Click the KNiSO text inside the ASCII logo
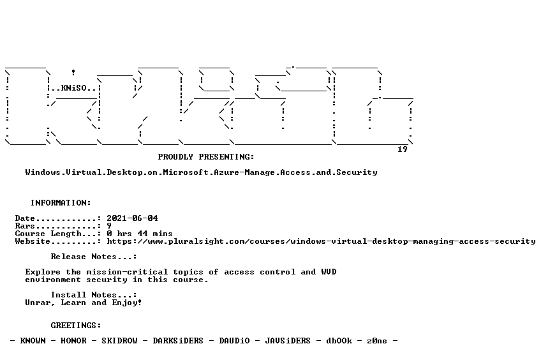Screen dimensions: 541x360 click(74, 88)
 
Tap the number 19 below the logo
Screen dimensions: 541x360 click(403, 149)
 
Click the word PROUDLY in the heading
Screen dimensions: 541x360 click(175, 156)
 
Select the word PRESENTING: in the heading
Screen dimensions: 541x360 click(226, 156)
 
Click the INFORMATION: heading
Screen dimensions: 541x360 click(61, 202)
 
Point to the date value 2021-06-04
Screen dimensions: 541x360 click(132, 218)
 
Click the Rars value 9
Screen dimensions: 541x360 click(109, 226)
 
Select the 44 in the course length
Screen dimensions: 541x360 click(142, 234)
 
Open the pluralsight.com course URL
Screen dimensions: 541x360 click(321, 241)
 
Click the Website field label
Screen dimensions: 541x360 click(33, 241)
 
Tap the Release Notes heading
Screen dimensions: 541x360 click(94, 257)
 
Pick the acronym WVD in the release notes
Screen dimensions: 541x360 click(329, 272)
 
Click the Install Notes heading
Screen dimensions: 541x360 click(94, 295)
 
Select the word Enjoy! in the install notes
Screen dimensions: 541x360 click(127, 303)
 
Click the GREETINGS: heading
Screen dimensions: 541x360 click(76, 326)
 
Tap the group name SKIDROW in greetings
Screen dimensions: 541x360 click(119, 341)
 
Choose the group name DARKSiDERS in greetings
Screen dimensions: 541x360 click(178, 341)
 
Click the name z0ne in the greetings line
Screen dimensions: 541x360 click(377, 341)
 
